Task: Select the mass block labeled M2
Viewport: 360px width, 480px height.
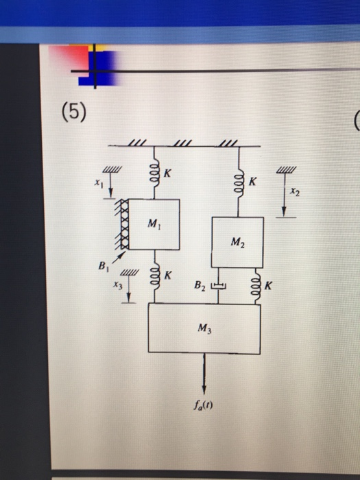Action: pos(237,241)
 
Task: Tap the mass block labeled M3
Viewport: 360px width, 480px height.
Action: pos(204,328)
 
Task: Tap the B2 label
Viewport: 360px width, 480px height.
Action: pos(199,283)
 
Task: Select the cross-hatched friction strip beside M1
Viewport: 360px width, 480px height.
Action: pos(124,224)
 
